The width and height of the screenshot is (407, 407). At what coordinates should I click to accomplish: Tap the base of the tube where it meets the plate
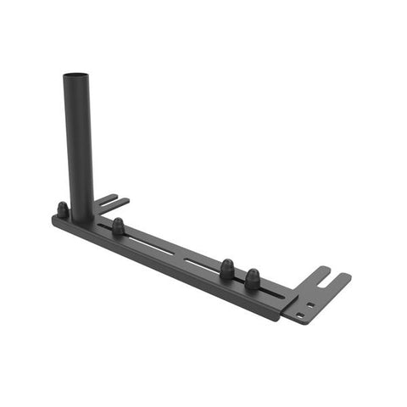coord(82,218)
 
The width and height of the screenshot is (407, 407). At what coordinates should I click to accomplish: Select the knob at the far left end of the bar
coord(62,209)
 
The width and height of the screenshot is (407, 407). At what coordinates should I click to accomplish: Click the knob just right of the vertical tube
coord(118,226)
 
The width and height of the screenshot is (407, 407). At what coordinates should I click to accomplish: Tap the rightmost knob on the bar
coord(252,278)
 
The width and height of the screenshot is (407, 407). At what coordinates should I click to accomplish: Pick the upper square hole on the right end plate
coord(311,304)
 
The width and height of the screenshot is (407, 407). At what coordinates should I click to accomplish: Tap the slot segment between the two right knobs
coord(239,278)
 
